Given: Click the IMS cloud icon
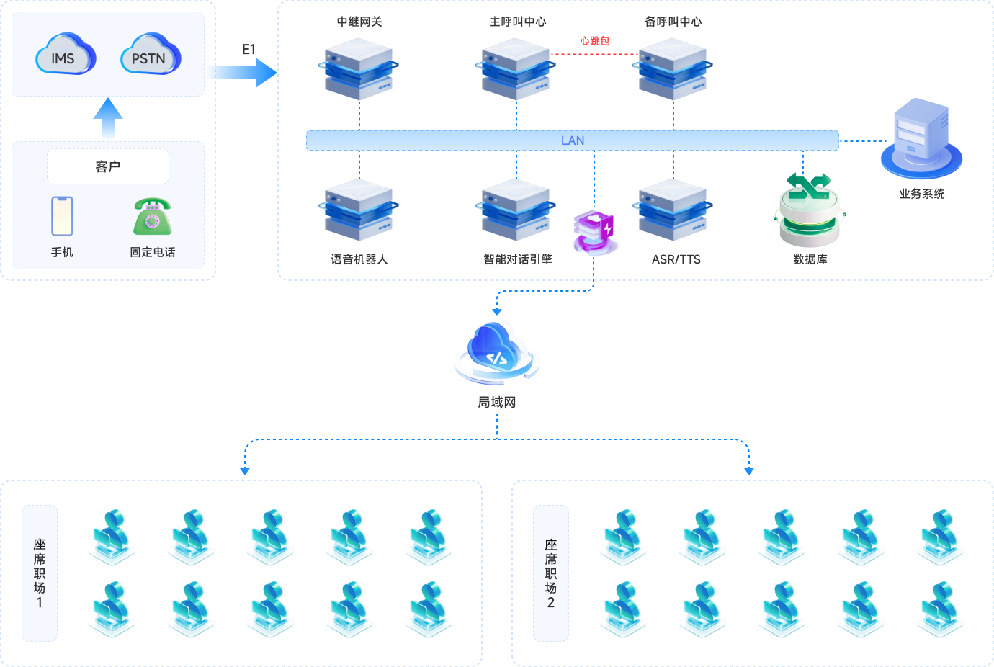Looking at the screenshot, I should click(x=66, y=55).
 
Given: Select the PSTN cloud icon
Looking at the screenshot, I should click(x=151, y=55).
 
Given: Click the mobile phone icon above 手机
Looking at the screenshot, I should click(x=62, y=216).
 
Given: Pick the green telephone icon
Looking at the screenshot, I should click(x=152, y=217).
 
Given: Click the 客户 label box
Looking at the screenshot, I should click(x=108, y=166).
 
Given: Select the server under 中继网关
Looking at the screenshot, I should click(x=359, y=69).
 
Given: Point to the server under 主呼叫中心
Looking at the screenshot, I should click(x=516, y=69).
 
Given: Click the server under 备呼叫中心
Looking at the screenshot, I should click(x=673, y=69).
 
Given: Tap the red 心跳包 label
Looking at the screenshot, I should click(x=595, y=41).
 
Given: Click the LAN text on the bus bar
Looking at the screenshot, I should click(x=573, y=140).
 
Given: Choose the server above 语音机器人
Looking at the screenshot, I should click(x=359, y=210).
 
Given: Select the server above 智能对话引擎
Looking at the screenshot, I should click(x=516, y=210).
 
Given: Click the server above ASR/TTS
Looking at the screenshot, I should click(x=673, y=210).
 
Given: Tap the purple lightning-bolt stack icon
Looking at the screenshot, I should click(x=595, y=232).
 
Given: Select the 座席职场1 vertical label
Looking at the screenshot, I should click(x=40, y=573).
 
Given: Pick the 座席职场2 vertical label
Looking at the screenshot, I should click(x=551, y=573).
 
